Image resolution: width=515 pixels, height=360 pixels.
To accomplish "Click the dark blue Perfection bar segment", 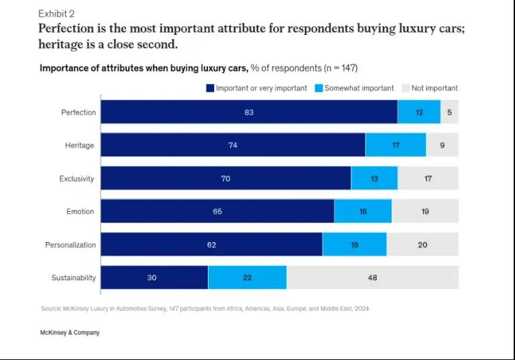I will tap(249, 113).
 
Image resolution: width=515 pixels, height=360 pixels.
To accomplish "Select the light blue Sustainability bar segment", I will tap(247, 278).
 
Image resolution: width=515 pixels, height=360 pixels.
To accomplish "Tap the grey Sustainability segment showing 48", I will tap(372, 278).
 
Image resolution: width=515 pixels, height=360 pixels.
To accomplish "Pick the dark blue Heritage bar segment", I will tap(233, 145).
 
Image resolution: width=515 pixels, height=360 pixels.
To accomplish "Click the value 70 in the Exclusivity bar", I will tap(225, 178).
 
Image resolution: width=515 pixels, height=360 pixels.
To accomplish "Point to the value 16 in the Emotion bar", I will tap(363, 212).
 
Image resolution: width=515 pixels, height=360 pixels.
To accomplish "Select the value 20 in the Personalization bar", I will tap(422, 245).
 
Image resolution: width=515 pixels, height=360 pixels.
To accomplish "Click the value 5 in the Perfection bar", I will tap(449, 113).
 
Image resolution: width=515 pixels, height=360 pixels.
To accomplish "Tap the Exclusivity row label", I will tap(77, 179).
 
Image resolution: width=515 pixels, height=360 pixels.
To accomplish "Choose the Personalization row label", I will tap(70, 245).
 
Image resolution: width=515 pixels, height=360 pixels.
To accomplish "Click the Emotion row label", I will tap(80, 212).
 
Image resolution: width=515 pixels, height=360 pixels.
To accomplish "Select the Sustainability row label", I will tap(74, 278).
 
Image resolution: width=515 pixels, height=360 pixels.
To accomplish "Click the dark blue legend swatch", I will tap(210, 88).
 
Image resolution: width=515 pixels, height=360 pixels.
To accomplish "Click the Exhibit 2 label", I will tap(57, 13).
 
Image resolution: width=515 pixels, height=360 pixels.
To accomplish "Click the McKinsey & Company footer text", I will tap(70, 333).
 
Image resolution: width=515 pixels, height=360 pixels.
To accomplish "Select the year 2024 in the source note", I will tap(361, 309).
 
